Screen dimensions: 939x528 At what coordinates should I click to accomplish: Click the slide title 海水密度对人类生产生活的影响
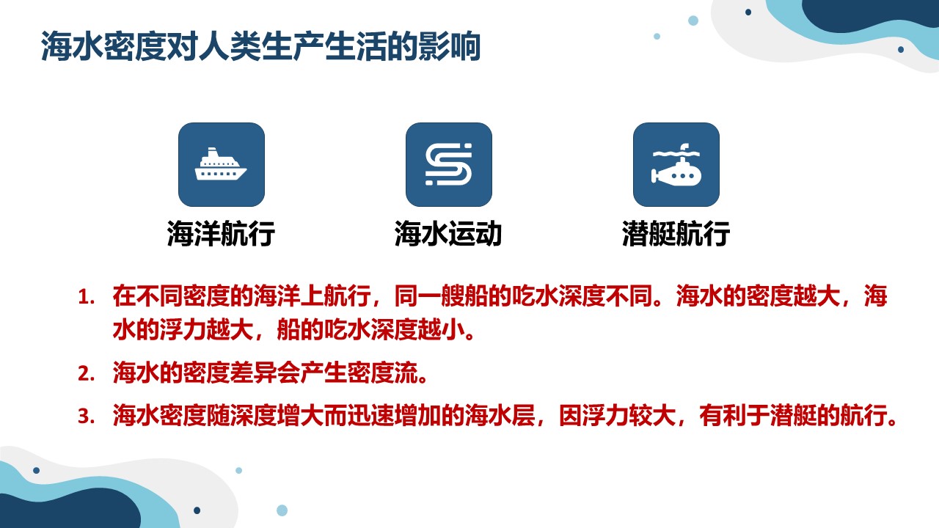pyautogui.click(x=260, y=46)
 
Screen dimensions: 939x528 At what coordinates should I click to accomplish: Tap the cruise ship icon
pyautogui.click(x=221, y=164)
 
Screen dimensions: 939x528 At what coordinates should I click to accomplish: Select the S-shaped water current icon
pyautogui.click(x=448, y=164)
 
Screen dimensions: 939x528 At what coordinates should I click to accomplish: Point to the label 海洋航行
pyautogui.click(x=221, y=233)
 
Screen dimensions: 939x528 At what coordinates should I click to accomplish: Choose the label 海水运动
pyautogui.click(x=448, y=233)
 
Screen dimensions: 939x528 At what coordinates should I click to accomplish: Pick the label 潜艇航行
pyautogui.click(x=676, y=233)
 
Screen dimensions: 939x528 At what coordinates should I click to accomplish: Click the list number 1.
pyautogui.click(x=86, y=298)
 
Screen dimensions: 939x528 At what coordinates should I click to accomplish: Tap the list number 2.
pyautogui.click(x=86, y=373)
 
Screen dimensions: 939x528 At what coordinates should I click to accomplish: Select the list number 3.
pyautogui.click(x=86, y=416)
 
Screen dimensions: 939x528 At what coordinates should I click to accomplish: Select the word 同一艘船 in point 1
pyautogui.click(x=442, y=296)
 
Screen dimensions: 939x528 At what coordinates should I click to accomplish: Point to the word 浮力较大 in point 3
pyautogui.click(x=629, y=416)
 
